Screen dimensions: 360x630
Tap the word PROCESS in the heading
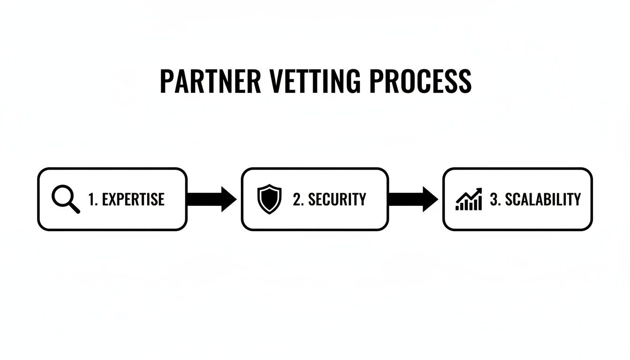coord(420,81)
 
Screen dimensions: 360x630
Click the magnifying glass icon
coord(65,199)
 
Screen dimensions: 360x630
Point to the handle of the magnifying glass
coord(74,208)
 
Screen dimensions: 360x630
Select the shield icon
coord(270,199)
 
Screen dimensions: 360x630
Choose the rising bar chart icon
coord(469,199)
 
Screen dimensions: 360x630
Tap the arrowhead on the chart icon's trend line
coord(479,191)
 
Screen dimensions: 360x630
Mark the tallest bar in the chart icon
coord(479,203)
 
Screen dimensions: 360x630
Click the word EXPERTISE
coord(133,199)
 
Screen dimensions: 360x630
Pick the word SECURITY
coord(337,199)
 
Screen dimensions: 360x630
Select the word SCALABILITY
coord(542,199)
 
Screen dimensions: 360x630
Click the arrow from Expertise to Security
coord(212,199)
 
